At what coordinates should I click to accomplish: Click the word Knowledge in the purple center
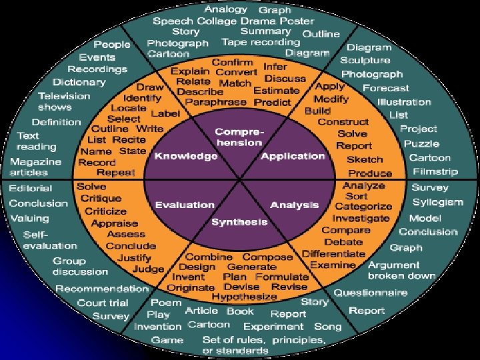click(x=186, y=156)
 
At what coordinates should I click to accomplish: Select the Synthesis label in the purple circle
click(x=239, y=221)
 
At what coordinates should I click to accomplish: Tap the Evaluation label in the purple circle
click(x=184, y=205)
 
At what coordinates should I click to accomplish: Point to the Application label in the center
click(x=293, y=156)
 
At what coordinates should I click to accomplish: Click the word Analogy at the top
click(x=226, y=9)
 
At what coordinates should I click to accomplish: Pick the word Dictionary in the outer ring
click(x=79, y=82)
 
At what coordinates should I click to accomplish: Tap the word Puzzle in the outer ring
click(x=422, y=143)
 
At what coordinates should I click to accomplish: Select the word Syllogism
click(x=437, y=202)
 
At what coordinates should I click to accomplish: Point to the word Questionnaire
click(x=371, y=293)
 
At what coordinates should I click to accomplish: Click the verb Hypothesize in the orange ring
click(x=244, y=297)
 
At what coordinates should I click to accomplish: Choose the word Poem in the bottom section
click(x=166, y=302)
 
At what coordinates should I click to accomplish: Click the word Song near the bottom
click(x=327, y=327)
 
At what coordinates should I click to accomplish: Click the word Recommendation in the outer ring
click(x=101, y=289)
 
